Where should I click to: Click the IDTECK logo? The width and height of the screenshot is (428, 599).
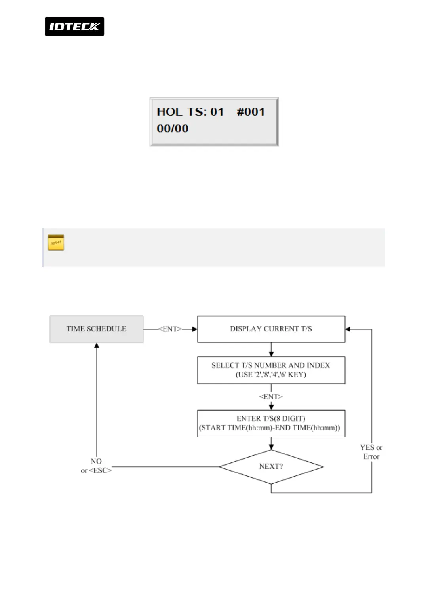tap(74, 27)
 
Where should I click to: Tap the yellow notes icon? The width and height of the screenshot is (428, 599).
tap(56, 242)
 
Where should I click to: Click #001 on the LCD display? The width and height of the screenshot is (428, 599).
tap(251, 112)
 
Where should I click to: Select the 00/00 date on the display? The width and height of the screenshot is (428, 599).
tap(173, 129)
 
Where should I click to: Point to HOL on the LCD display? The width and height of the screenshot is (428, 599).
tap(169, 112)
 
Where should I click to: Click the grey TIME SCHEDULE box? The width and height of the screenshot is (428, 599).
tap(96, 329)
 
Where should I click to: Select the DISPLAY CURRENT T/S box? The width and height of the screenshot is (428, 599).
tap(271, 329)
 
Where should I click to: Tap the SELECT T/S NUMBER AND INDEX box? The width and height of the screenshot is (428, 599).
tap(271, 370)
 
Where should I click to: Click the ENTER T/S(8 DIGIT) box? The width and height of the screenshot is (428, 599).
tap(271, 423)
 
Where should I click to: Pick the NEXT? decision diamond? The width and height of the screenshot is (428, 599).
tap(271, 466)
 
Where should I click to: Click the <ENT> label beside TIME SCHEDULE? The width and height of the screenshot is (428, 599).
tap(170, 329)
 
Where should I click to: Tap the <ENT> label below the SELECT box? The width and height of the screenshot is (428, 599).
tap(271, 397)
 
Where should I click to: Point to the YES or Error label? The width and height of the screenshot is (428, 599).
tap(371, 452)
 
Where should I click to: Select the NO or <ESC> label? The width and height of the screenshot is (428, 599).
tap(96, 466)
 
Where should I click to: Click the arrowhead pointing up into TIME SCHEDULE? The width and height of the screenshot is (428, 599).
tap(97, 346)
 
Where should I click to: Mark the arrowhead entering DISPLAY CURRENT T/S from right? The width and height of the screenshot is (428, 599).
tap(348, 329)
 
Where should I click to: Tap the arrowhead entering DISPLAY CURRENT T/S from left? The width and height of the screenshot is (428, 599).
tap(195, 329)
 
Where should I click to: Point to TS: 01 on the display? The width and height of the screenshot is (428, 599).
tap(205, 112)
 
